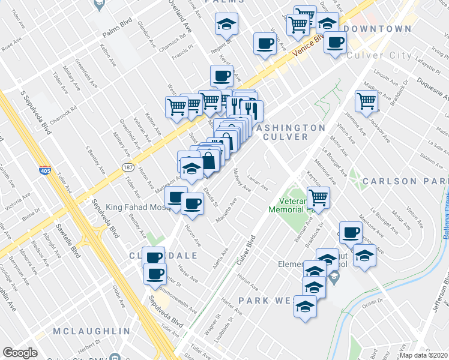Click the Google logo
tap(20, 353)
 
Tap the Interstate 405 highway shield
tap(44, 170)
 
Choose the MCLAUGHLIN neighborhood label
tap(91, 331)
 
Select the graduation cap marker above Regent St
tap(226, 24)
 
